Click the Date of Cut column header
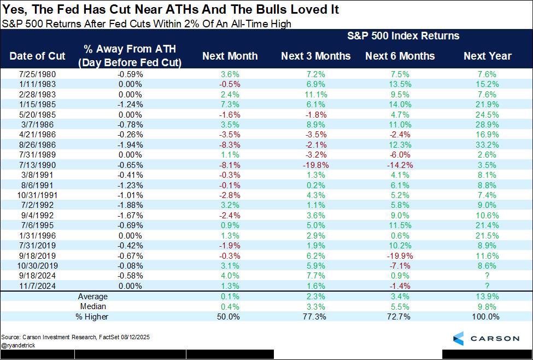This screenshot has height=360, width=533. [x=37, y=56]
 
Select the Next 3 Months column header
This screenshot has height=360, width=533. [x=316, y=56]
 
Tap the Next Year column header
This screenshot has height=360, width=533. [x=487, y=56]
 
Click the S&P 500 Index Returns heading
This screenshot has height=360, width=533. [x=403, y=36]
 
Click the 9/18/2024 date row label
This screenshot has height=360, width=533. [x=37, y=275]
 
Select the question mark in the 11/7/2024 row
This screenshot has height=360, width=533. [x=487, y=286]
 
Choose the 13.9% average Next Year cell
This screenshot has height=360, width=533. [x=487, y=296]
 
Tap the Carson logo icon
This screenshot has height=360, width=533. [x=458, y=338]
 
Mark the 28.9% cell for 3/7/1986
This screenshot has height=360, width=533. [x=487, y=125]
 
